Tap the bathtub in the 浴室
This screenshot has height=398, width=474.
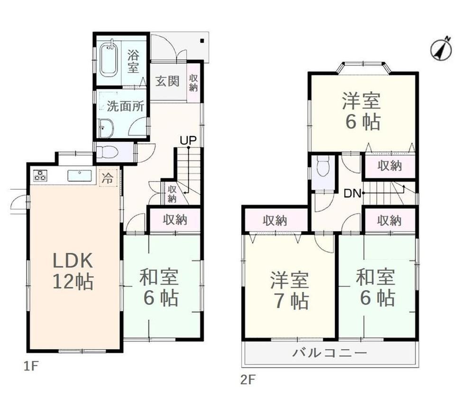click(x=109, y=59)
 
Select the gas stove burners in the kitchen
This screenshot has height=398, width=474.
click(x=40, y=175)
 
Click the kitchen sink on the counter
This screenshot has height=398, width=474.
click(x=80, y=176)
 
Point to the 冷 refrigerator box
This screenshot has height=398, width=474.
click(x=108, y=178)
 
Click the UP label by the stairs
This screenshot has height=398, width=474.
click(x=188, y=140)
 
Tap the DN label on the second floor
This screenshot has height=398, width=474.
click(x=353, y=193)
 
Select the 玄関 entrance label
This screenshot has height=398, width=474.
click(x=167, y=81)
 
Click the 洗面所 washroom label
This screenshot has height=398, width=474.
click(x=125, y=106)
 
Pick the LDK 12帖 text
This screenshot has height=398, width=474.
click(x=73, y=271)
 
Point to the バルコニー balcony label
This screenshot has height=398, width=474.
click(x=329, y=352)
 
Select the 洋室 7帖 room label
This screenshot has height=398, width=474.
click(x=290, y=290)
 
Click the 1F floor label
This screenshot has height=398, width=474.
click(x=30, y=367)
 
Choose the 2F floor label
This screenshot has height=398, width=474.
click(x=248, y=379)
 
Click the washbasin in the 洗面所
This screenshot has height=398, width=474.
click(x=106, y=128)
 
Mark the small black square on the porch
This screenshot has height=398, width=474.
click(x=202, y=41)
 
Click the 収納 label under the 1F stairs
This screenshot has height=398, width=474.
click(x=172, y=194)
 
